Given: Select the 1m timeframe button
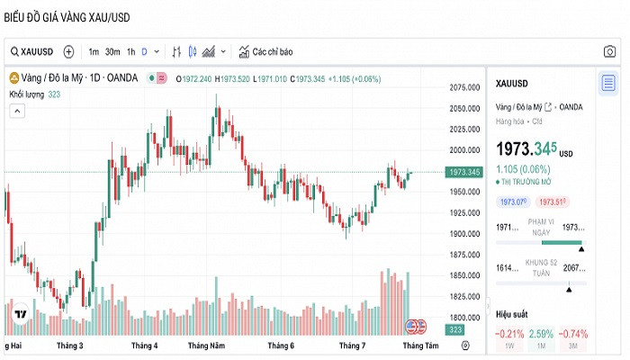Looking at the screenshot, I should click(x=94, y=51).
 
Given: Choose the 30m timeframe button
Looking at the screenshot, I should click(x=112, y=51).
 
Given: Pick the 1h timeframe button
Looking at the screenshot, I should click(x=130, y=51).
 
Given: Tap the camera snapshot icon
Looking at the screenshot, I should click(x=609, y=51).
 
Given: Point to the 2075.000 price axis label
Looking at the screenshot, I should click(x=464, y=87).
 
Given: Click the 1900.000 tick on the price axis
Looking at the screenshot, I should click(x=464, y=234).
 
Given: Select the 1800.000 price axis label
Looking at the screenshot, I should click(x=464, y=318).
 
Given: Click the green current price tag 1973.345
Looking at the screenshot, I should click(x=463, y=172).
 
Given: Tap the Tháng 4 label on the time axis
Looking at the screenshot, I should click(x=144, y=346).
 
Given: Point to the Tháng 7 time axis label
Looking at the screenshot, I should click(x=352, y=346).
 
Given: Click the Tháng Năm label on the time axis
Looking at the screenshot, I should click(x=206, y=346).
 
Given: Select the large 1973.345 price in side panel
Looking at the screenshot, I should click(x=526, y=148).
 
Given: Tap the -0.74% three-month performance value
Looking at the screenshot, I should click(x=574, y=334).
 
